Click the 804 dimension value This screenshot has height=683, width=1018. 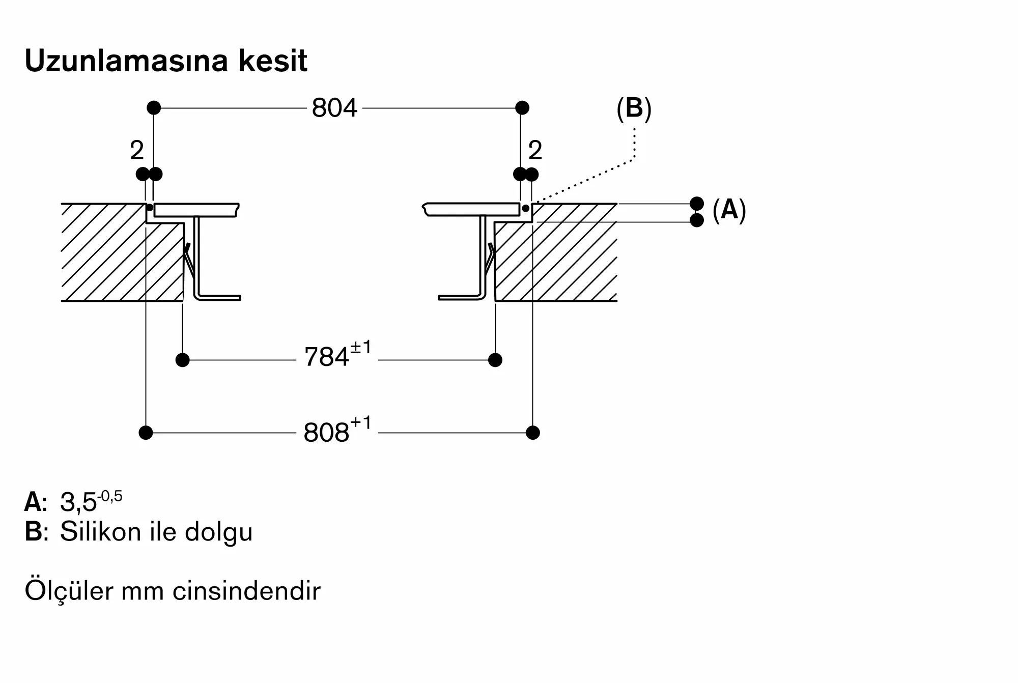click(334, 108)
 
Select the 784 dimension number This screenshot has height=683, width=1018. click(326, 357)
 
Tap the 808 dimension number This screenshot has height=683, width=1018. click(326, 433)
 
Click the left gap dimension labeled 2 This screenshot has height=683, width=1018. click(137, 150)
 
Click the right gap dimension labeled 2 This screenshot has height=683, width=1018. click(535, 150)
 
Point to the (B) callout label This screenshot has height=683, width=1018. click(634, 109)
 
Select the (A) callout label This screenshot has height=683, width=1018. click(729, 210)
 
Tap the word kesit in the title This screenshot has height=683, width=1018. click(273, 61)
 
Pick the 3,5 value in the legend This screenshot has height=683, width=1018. click(78, 503)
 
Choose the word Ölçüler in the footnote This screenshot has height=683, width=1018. click(69, 590)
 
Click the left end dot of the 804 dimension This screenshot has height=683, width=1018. click(154, 108)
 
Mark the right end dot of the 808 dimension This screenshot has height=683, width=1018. click(533, 433)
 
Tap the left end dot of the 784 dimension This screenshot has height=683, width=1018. click(182, 360)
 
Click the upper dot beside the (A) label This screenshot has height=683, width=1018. click(697, 204)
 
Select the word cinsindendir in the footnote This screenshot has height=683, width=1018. click(247, 591)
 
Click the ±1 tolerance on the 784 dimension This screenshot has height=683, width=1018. click(361, 349)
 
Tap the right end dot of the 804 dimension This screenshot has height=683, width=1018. click(522, 108)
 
